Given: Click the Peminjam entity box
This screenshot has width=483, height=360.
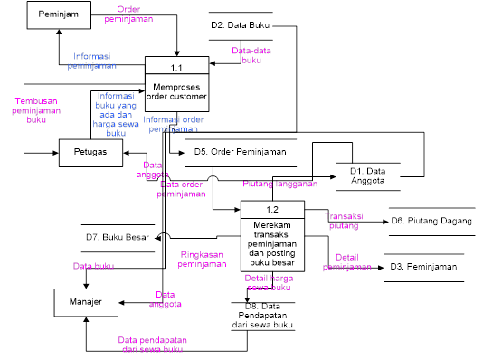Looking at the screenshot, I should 58,16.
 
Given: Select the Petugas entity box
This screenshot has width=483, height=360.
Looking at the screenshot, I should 90,152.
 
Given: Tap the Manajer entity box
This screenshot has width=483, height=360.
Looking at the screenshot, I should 87,300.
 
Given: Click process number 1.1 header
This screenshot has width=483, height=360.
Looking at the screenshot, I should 177,66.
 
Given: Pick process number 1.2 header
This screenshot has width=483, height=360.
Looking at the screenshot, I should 271,210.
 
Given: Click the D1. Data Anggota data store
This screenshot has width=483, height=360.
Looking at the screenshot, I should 368,175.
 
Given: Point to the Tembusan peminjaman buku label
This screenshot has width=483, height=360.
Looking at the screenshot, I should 36,109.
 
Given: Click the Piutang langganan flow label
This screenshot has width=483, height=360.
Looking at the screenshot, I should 279,185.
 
